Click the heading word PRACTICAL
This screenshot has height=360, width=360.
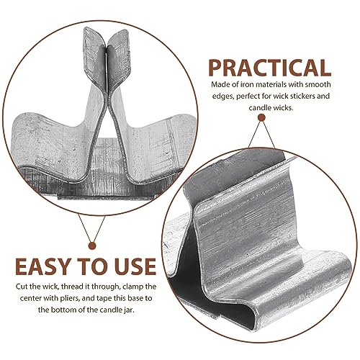coord(270,68)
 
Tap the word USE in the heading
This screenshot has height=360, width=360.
coord(135,266)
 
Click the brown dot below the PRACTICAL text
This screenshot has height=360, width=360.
coord(261,117)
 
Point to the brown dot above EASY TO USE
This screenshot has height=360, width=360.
coord(92,246)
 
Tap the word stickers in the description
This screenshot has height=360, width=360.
coord(302,96)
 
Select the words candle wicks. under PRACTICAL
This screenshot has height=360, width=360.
coord(271,108)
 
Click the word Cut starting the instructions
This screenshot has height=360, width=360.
coord(22,287)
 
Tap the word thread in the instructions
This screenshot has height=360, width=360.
coord(81,287)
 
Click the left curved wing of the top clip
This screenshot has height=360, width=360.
coord(48,142)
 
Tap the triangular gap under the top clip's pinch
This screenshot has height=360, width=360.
coord(107,153)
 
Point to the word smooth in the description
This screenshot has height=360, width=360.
coord(318,84)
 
